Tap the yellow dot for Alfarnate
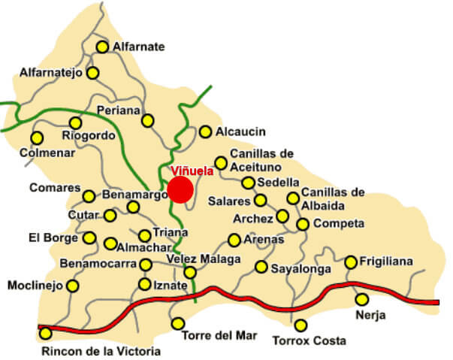coord(102,47)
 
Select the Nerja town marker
coord(362,299)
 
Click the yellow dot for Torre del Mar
coord(178,323)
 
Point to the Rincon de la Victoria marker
coord(46,333)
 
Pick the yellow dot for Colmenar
coord(37,138)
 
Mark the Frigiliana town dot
coord(351,262)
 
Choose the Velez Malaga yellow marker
coord(190,272)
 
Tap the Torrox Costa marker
coord(300,325)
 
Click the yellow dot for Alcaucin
coord(205,132)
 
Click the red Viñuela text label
coord(192,170)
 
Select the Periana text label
coord(119,110)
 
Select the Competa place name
coord(339,223)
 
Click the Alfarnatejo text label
coord(51,73)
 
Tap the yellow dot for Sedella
coord(248,183)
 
